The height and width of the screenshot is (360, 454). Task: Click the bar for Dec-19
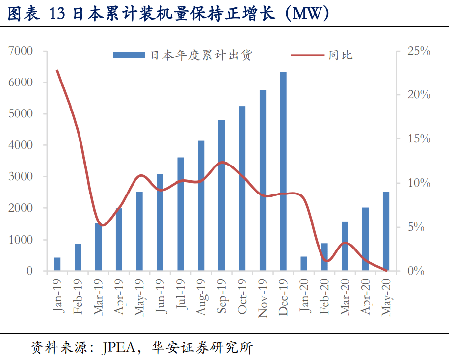pyautogui.click(x=283, y=171)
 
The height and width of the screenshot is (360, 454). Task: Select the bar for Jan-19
pyautogui.click(x=57, y=264)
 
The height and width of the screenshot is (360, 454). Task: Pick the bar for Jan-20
pyautogui.click(x=304, y=263)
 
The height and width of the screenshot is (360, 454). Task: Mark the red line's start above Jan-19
pyautogui.click(x=57, y=70)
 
